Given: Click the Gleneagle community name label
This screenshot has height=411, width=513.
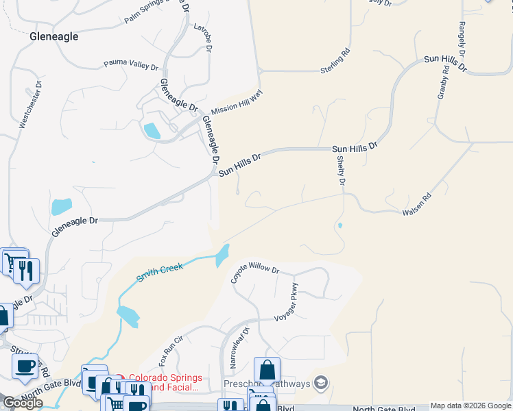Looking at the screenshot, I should (54, 36).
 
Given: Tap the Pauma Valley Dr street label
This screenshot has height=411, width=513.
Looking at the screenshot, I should (131, 64).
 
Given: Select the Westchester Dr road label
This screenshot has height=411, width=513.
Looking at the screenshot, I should (31, 105).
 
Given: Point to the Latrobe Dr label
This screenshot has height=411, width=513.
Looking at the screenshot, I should (204, 38).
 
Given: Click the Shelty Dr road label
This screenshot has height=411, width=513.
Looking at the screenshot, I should (341, 171).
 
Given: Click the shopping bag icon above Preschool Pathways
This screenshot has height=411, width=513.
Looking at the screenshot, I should (267, 370).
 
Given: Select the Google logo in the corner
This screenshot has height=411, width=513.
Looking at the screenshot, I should (23, 403).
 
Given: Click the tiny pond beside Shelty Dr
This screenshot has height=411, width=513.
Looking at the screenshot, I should (339, 225).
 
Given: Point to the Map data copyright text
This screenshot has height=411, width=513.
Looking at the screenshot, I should (470, 406).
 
